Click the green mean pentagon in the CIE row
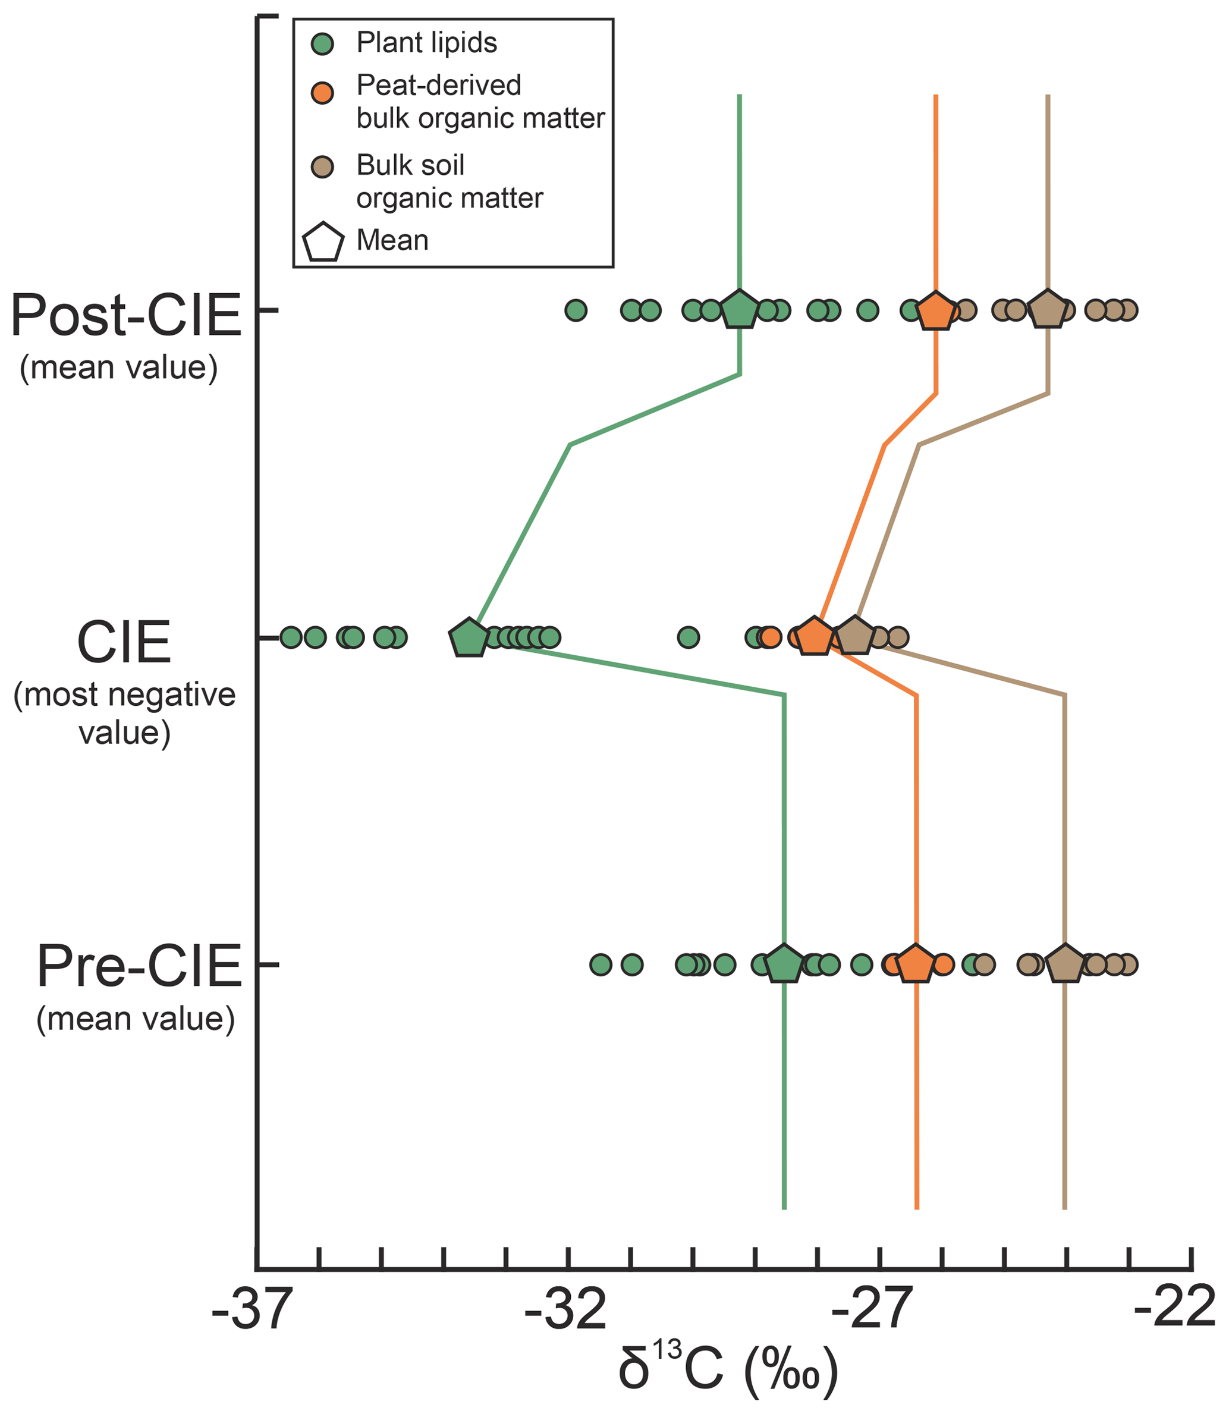pyautogui.click(x=469, y=639)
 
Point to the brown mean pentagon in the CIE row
pyautogui.click(x=854, y=636)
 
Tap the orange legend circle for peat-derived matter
pyautogui.click(x=322, y=93)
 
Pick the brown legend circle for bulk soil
pyautogui.click(x=322, y=166)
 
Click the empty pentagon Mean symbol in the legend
pyautogui.click(x=323, y=242)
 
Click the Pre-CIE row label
pyautogui.click(x=139, y=967)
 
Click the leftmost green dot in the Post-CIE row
pyautogui.click(x=576, y=310)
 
